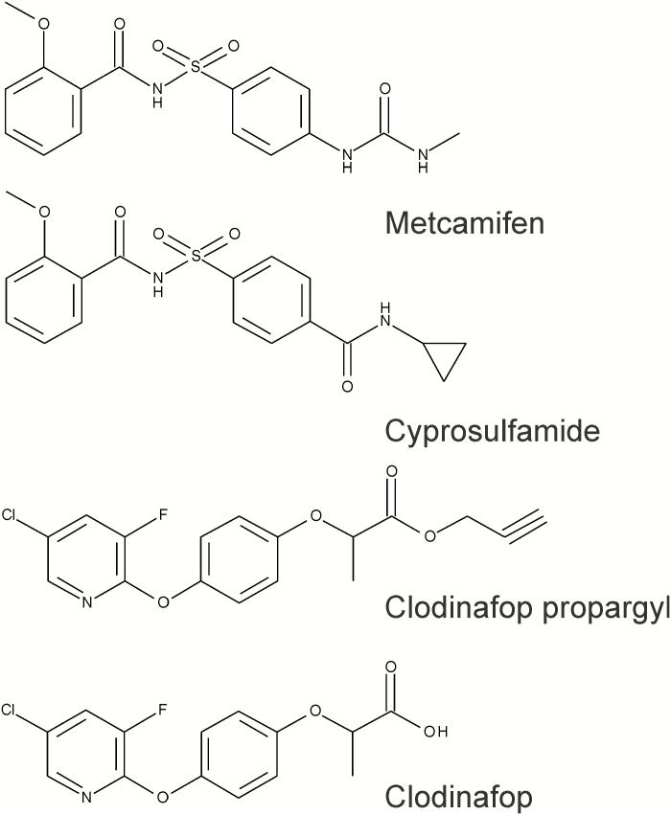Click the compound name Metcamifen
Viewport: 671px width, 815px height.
click(x=464, y=222)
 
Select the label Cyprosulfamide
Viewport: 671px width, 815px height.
click(x=492, y=430)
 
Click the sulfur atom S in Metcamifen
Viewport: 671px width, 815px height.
click(x=197, y=67)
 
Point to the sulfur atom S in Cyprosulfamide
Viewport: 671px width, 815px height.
click(x=197, y=256)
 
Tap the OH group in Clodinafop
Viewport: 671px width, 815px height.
click(x=434, y=732)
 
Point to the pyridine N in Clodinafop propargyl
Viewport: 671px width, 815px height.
click(x=86, y=602)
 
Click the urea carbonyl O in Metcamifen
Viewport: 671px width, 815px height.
click(x=385, y=89)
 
